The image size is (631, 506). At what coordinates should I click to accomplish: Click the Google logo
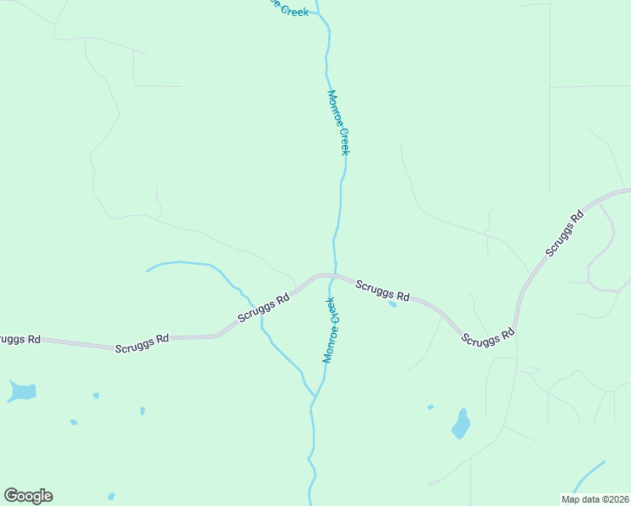coord(28,496)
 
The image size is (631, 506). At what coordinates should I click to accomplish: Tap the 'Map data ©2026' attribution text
coord(595,499)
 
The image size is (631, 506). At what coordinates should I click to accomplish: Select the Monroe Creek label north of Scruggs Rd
coord(338,122)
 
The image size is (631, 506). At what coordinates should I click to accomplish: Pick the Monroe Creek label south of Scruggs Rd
coord(330,330)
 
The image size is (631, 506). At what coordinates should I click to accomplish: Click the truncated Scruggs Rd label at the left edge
coord(19,339)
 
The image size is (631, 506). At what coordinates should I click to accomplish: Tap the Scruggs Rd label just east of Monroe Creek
coord(382,291)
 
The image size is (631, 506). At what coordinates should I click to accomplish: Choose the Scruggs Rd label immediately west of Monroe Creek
coord(263,307)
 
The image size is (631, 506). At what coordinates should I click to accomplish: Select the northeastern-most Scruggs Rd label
coord(564,234)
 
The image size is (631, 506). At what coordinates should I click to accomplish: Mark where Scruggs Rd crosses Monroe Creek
coord(333,275)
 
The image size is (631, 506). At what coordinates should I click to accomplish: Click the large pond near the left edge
coord(22,391)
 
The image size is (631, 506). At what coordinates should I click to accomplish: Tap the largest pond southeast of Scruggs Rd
coord(460,424)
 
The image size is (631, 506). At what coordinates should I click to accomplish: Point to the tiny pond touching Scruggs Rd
coord(392,304)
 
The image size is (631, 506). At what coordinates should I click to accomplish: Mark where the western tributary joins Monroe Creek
coord(315,396)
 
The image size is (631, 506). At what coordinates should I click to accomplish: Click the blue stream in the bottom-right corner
coord(591,476)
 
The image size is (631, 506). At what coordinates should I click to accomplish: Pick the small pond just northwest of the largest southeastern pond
coord(430,407)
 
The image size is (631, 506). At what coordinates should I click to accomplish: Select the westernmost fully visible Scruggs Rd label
coord(142,343)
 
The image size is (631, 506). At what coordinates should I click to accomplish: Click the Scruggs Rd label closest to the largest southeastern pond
coord(488,336)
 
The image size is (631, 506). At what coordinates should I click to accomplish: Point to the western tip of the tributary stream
coord(147,271)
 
